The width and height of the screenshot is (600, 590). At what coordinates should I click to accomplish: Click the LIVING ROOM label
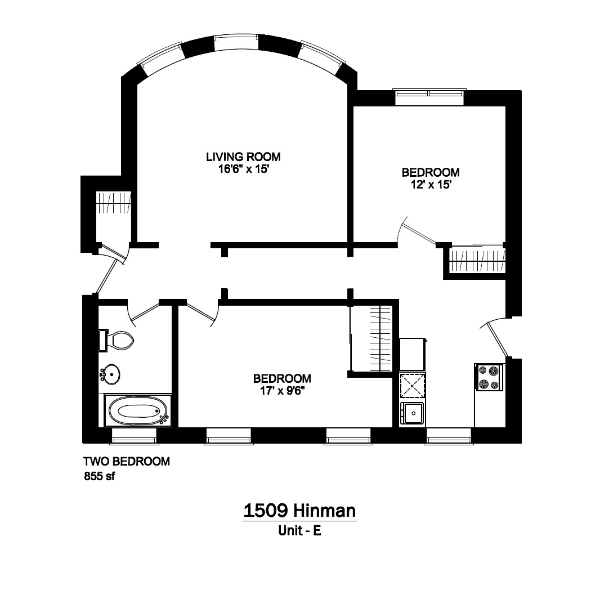(243, 157)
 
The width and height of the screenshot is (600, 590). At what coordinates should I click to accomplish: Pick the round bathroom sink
(111, 373)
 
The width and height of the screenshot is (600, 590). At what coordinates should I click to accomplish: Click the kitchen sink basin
(413, 414)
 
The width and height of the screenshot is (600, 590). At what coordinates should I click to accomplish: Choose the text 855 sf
(99, 476)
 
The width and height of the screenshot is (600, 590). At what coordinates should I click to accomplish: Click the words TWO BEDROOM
(127, 462)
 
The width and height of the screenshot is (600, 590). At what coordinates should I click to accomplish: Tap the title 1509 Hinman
(299, 511)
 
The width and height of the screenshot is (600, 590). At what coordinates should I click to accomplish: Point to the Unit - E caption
(299, 530)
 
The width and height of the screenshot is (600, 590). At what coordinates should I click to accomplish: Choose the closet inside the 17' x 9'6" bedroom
(371, 338)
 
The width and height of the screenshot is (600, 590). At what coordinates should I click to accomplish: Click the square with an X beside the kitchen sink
(412, 386)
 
